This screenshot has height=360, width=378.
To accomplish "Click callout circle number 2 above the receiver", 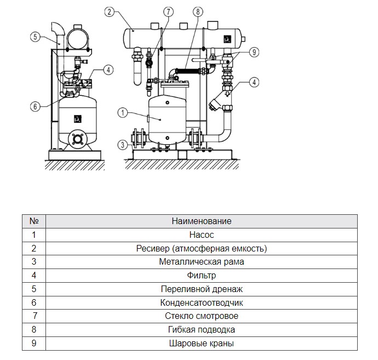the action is [110, 12].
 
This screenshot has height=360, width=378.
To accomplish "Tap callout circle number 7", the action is [168, 12].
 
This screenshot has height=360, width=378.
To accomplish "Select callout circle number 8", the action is [198, 12].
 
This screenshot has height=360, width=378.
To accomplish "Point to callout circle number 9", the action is [254, 52].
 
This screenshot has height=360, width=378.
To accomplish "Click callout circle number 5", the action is [36, 37].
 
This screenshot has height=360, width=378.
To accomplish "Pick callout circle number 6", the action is [35, 106].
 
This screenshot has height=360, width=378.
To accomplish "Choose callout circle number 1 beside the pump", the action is [123, 113].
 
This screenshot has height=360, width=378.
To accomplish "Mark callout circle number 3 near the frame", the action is [123, 145].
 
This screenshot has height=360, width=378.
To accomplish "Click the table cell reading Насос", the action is [202, 235].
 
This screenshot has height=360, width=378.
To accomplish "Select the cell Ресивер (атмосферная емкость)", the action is [202, 248].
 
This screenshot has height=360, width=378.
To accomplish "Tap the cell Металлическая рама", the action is [202, 262].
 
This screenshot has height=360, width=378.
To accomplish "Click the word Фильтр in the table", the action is [202, 276].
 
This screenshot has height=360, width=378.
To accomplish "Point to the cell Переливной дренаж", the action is [202, 289].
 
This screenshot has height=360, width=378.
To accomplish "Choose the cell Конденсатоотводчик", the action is [202, 302].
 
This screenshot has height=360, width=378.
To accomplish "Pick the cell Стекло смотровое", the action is [202, 316].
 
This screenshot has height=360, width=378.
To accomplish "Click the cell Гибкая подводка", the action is [202, 330].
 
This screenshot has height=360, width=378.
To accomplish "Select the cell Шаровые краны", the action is [202, 344].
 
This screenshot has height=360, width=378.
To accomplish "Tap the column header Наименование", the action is [202, 221].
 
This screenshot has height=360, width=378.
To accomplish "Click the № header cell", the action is [34, 221].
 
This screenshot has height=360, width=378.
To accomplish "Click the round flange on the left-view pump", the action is [77, 139].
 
